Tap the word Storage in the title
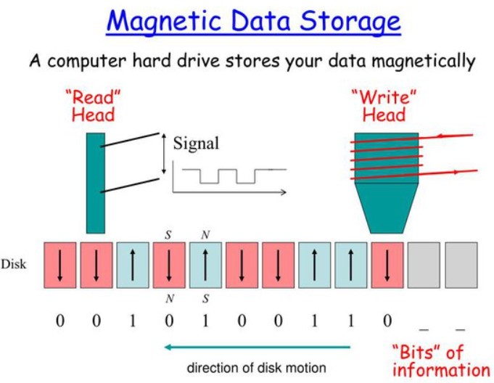[350, 22]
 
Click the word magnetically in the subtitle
[424, 61]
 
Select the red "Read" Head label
[93, 106]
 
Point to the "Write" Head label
[384, 106]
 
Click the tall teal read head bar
[96, 183]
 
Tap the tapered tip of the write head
[387, 208]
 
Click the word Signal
[196, 144]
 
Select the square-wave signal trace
[234, 176]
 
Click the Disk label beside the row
[13, 264]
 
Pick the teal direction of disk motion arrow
[258, 347]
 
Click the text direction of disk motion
[256, 368]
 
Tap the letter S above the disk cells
[168, 235]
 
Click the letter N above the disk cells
[205, 235]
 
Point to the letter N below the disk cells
[170, 298]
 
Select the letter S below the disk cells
[205, 298]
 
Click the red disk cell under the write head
[387, 265]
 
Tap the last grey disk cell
[461, 265]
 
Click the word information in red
[441, 370]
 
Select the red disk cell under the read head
[96, 265]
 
